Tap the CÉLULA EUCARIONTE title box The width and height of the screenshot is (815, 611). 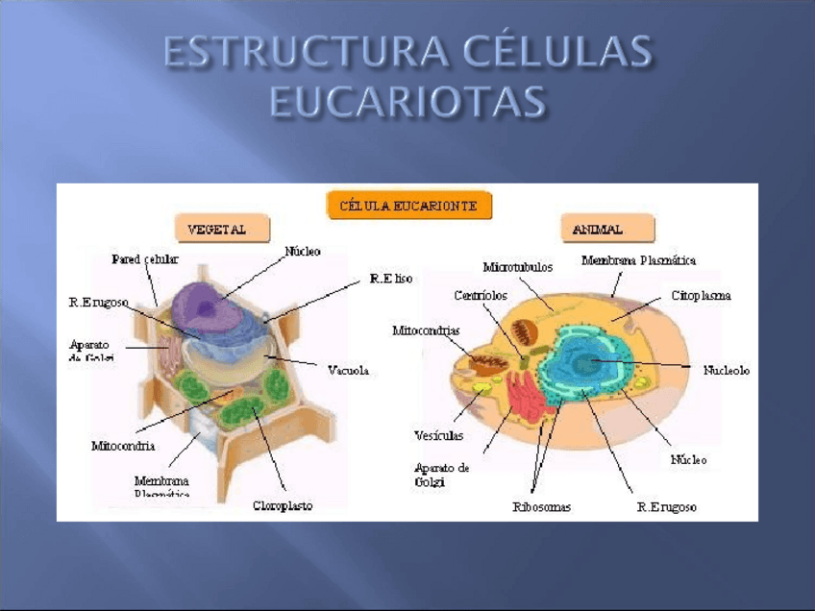click(x=409, y=205)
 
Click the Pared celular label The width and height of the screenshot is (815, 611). click(x=144, y=259)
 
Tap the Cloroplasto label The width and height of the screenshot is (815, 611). click(x=283, y=505)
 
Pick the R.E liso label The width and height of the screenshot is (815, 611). click(x=391, y=279)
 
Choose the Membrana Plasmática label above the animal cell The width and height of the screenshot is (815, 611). click(x=639, y=260)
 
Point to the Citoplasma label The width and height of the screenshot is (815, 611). click(x=701, y=296)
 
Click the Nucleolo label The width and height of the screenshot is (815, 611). click(x=726, y=370)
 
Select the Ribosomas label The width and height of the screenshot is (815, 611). click(x=541, y=507)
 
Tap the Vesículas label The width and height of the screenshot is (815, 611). click(x=438, y=435)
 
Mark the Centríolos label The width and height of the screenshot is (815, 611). click(x=481, y=296)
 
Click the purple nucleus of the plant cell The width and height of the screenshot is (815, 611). click(x=216, y=305)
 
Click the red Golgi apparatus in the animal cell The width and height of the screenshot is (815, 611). click(x=525, y=395)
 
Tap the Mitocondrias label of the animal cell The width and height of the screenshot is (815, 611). click(x=426, y=330)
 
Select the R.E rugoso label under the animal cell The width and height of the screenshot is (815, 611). click(x=666, y=507)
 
